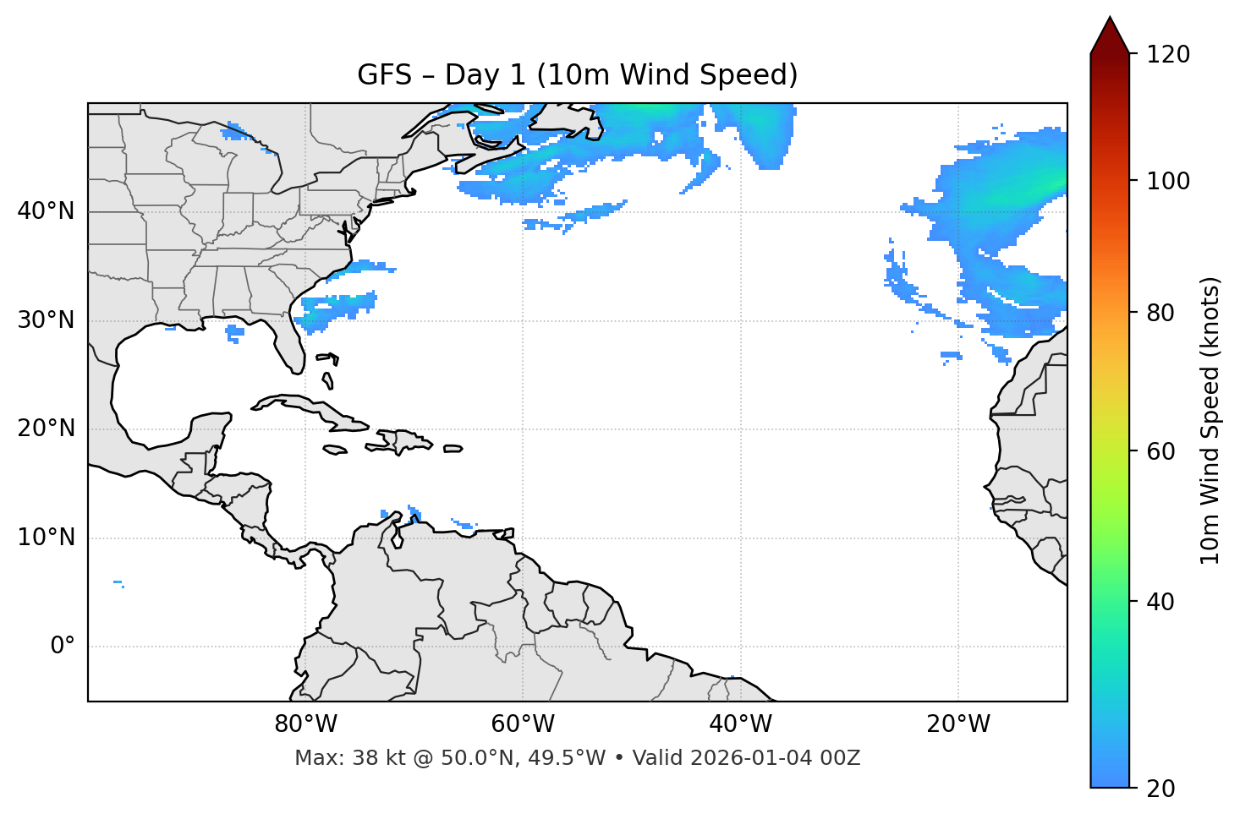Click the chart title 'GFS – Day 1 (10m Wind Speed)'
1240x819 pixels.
tap(577, 75)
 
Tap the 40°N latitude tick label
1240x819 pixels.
tap(46, 211)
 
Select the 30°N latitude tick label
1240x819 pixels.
tap(46, 320)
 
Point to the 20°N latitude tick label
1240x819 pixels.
tap(46, 429)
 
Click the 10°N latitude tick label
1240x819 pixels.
tap(46, 538)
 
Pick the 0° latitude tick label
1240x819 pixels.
tap(63, 647)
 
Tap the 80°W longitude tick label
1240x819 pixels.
tap(305, 724)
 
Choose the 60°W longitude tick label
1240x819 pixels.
tap(523, 724)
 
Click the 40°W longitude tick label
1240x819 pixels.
tap(740, 724)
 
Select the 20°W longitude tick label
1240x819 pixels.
tap(957, 724)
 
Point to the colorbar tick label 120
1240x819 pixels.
tap(1168, 55)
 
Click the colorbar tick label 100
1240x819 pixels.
tap(1168, 181)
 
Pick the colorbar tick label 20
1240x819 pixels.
tap(1162, 789)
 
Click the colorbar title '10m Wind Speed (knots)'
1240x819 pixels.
tap(1210, 420)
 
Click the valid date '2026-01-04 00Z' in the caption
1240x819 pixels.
tap(775, 758)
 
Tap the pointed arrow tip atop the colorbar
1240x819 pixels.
tap(1110, 19)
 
